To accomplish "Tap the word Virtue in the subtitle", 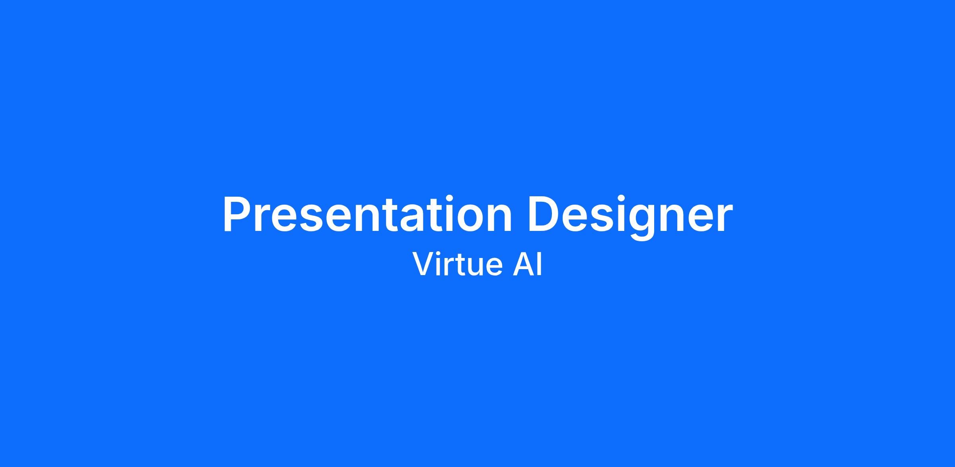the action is (x=457, y=264).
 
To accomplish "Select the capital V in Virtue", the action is (x=423, y=264).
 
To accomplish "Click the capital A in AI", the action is (x=523, y=264).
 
